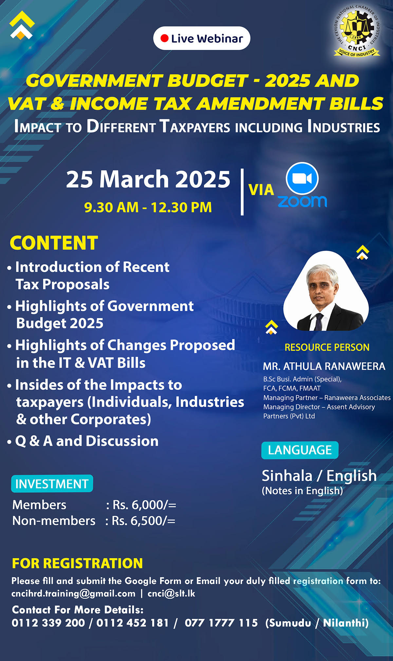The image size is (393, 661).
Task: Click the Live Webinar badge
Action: point(202,38)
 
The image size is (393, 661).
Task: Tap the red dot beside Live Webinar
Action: point(164,38)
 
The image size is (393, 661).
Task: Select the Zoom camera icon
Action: point(302,178)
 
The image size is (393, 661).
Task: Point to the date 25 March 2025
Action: point(148,179)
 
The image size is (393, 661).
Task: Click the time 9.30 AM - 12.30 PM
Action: point(148,207)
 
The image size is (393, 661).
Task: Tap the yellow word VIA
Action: point(261,190)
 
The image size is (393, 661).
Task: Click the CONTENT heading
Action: point(54,243)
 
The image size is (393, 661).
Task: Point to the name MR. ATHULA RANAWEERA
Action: point(324,366)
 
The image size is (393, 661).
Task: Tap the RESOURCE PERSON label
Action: point(327,347)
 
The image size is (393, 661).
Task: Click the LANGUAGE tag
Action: point(300,450)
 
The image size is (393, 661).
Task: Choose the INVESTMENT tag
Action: point(52,484)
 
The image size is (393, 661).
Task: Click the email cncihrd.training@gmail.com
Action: point(73,593)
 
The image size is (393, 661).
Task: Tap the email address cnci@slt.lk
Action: point(171,593)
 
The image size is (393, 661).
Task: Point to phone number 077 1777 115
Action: point(221,623)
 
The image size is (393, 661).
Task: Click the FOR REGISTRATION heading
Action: point(77,563)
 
